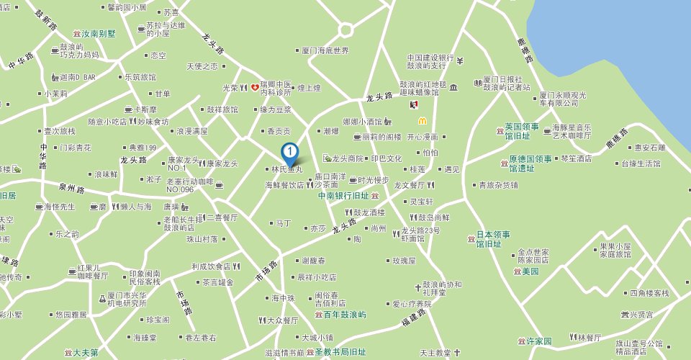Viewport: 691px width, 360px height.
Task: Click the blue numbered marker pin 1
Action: [x=289, y=153]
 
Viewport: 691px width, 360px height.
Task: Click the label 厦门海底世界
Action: [x=325, y=50]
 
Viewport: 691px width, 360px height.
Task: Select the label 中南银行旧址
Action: [x=343, y=195]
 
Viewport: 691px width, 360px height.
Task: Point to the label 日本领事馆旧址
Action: [x=493, y=239]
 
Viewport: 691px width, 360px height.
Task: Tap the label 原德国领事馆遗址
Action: [x=530, y=163]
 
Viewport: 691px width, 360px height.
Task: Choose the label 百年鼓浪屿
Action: [x=345, y=315]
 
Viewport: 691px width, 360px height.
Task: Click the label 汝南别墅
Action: [x=99, y=34]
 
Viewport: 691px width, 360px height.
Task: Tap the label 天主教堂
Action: [x=435, y=353]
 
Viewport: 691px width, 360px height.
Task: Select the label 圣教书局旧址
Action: [x=340, y=352]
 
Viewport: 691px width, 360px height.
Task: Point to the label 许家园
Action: [x=539, y=341]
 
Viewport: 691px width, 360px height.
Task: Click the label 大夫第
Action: [x=84, y=353]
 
